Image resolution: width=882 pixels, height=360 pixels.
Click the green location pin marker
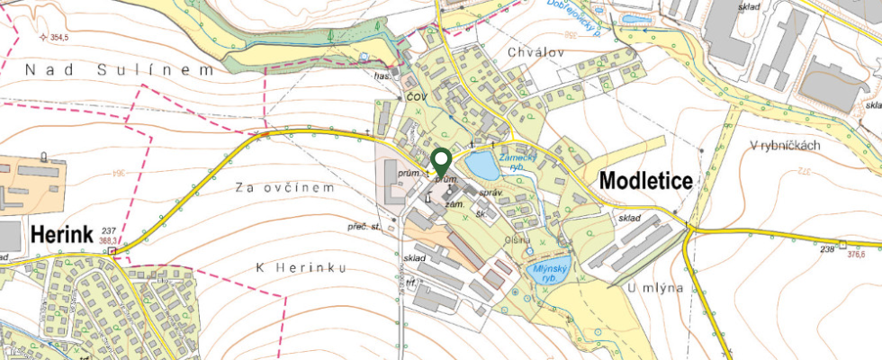point(441,161)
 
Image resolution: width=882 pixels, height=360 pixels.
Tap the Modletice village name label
point(645,180)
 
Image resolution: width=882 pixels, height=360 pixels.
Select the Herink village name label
point(62,234)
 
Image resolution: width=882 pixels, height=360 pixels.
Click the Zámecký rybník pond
point(480,166)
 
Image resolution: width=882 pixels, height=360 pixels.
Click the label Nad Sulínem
point(120,69)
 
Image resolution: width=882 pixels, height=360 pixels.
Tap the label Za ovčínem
point(284,188)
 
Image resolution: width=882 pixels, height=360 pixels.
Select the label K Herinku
point(301,268)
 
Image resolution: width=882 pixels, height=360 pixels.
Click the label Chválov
point(535,52)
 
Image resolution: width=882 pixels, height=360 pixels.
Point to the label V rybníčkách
point(784,145)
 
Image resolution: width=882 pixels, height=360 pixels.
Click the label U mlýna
point(651,288)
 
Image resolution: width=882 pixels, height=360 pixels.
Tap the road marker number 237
point(110,230)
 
